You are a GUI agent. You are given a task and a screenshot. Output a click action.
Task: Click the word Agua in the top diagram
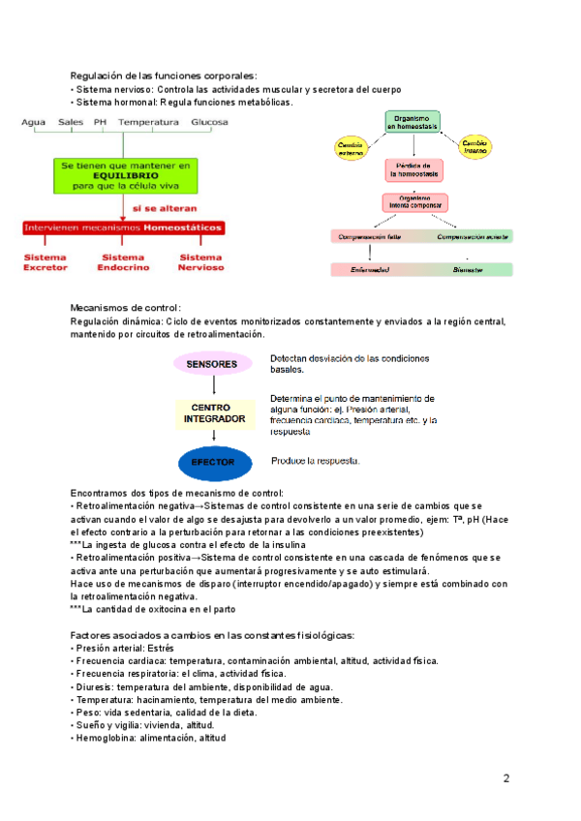34,122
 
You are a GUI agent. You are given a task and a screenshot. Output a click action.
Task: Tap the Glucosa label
209,122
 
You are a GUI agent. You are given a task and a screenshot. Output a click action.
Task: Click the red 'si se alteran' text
164,208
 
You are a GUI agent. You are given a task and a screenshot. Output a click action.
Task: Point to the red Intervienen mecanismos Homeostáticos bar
123,228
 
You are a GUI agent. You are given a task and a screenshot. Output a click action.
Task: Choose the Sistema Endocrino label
123,261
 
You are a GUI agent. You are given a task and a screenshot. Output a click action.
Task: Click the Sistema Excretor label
46,261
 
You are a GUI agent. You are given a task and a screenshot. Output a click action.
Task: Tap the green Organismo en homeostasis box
413,122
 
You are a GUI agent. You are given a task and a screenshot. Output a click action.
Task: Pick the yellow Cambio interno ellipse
475,146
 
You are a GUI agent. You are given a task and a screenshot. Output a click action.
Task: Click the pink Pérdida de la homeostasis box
414,169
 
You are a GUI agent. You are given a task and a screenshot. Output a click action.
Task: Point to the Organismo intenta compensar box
414,203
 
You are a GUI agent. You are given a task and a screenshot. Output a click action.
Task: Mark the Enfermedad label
369,270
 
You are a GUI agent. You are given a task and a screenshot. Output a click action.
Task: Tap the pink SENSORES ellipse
211,364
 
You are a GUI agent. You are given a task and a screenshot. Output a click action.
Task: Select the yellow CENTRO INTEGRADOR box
211,413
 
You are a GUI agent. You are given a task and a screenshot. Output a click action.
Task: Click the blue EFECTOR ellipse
212,463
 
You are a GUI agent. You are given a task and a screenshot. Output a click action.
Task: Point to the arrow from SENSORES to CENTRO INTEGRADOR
212,388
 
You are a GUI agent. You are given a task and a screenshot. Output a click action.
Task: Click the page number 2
505,778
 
